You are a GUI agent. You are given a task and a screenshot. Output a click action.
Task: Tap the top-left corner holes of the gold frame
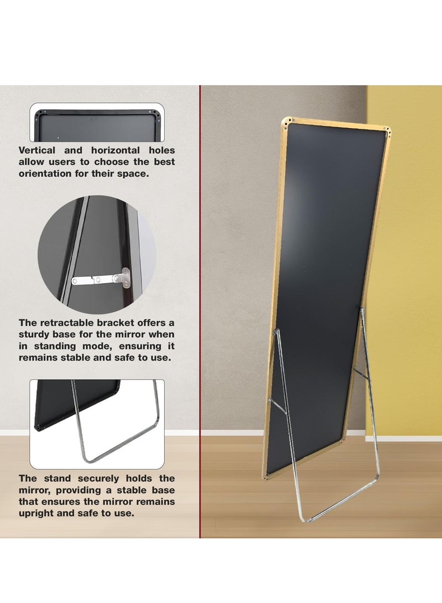click(x=286, y=124)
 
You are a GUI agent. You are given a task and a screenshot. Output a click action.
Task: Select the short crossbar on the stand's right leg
click(x=361, y=373)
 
